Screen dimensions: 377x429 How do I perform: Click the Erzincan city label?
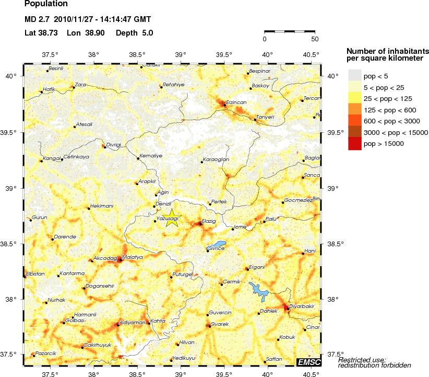[x=236, y=102]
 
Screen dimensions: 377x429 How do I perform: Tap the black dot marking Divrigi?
[x=104, y=147]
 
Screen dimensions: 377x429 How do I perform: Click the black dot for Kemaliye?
[x=138, y=158]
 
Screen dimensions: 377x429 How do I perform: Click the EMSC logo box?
[x=308, y=362]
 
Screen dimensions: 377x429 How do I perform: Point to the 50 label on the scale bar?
[x=314, y=39]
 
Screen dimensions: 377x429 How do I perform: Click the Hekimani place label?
[x=101, y=206]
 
